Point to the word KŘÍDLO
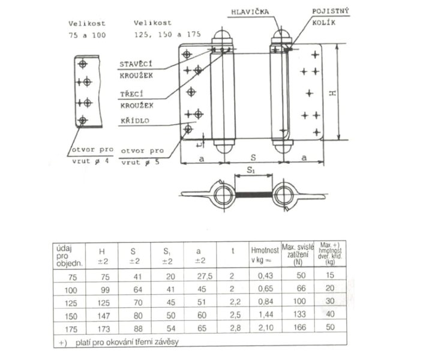pyautogui.click(x=136, y=119)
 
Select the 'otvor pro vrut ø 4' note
pyautogui.click(x=88, y=155)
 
